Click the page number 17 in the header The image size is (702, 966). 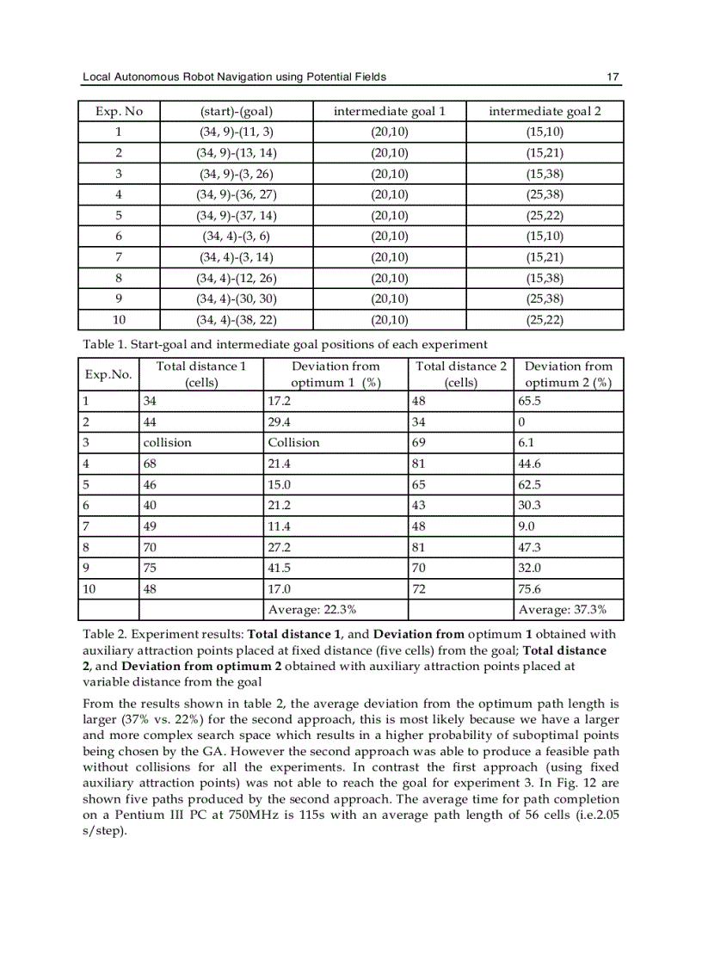tap(613, 77)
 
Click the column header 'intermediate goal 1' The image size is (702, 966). tap(389, 112)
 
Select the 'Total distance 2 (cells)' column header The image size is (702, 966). tap(461, 374)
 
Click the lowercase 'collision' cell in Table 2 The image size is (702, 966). tap(167, 442)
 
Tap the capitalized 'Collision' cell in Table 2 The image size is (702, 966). tap(293, 442)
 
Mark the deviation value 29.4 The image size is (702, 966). tap(280, 421)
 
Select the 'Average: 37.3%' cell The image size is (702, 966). tap(563, 610)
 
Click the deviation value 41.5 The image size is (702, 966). tap(280, 569)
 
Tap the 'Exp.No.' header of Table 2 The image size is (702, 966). tap(108, 374)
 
